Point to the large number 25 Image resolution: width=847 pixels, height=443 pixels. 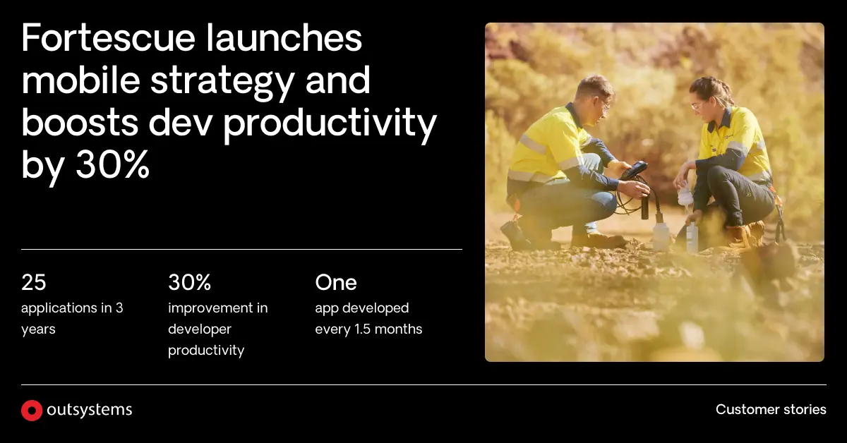[x=34, y=283]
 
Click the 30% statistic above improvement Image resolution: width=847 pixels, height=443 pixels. [x=189, y=283]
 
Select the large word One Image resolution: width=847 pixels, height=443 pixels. [x=336, y=283]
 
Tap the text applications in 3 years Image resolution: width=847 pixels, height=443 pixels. [x=72, y=318]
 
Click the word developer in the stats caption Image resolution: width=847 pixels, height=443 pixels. [x=200, y=329]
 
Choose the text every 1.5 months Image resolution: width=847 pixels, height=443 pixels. [x=368, y=329]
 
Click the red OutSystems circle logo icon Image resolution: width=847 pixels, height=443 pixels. [x=32, y=411]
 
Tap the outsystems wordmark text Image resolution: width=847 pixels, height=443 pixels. [x=89, y=410]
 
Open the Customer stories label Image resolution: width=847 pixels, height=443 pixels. [x=771, y=410]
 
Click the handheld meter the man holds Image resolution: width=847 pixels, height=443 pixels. [x=634, y=170]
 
